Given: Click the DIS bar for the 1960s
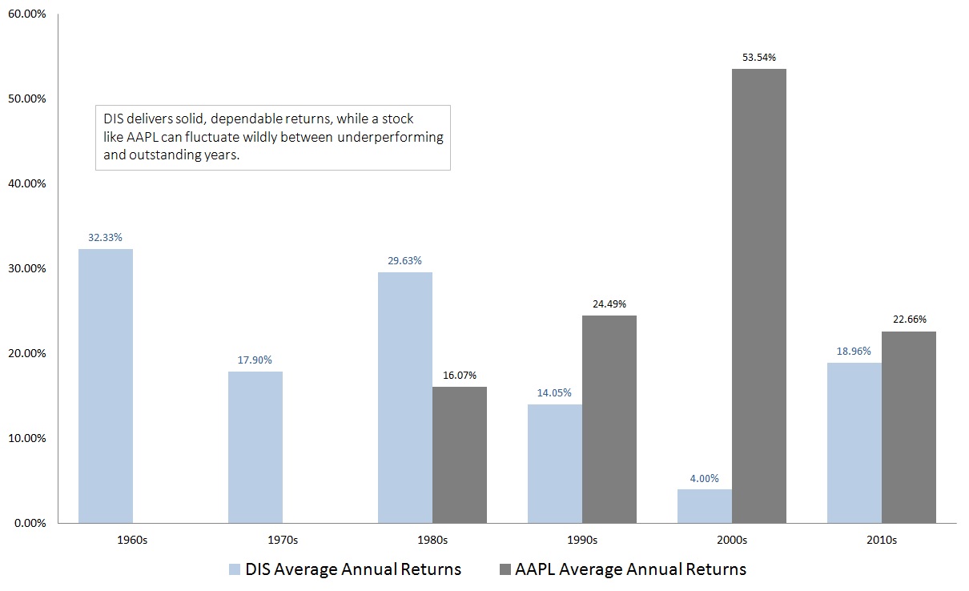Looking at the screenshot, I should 106,386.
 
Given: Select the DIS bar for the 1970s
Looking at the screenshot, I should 255,447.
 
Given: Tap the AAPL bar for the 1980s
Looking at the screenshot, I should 460,455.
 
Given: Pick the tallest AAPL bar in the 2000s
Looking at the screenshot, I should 759,295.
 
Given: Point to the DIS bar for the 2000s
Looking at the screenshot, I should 705,506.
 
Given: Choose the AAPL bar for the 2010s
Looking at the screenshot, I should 909,427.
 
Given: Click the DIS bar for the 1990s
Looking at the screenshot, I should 555,464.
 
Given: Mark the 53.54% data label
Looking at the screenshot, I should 759,58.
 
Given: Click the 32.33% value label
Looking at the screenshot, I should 106,238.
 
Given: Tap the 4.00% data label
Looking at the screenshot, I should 705,478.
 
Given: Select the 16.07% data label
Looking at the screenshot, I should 460,376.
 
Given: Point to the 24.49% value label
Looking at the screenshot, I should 609,304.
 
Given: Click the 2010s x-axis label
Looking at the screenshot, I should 882,540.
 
